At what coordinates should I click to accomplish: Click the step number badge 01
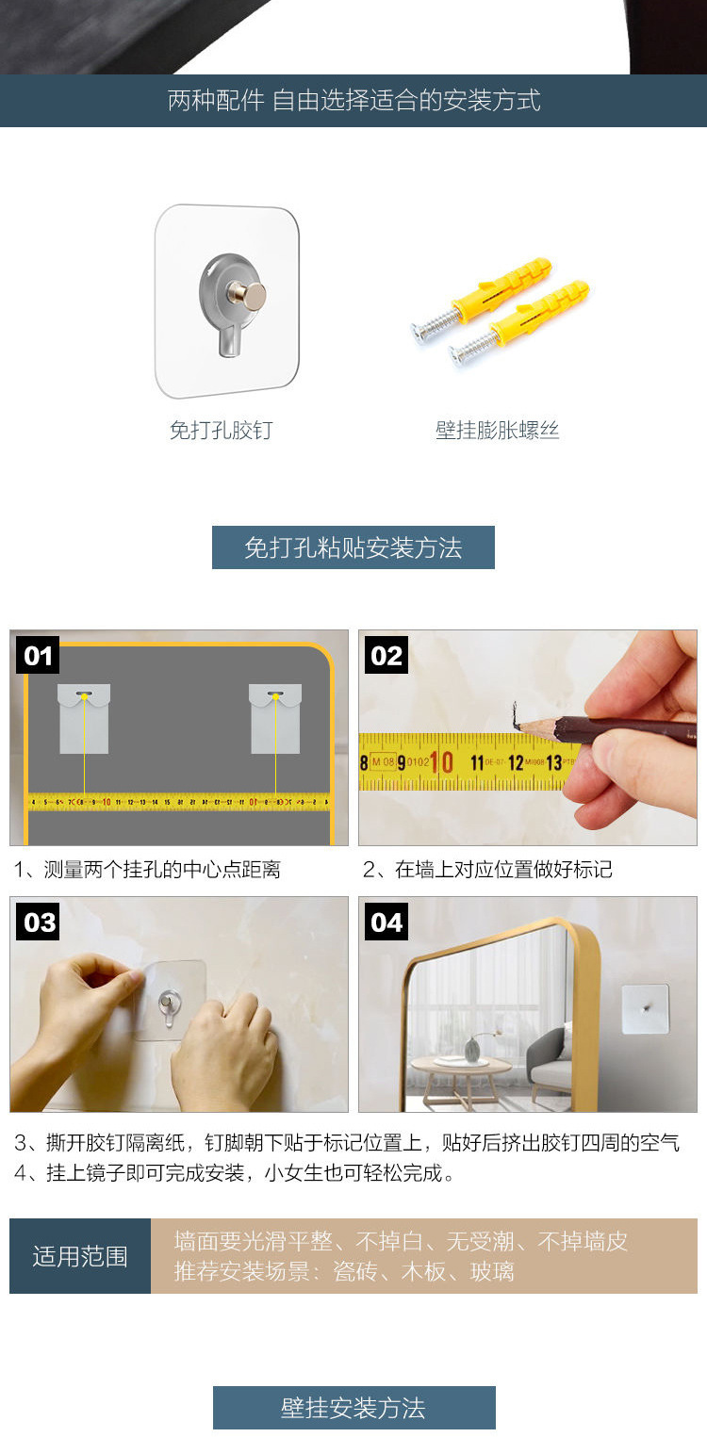point(38,655)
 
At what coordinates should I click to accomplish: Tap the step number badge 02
point(386,655)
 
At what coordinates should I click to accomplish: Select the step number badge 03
point(38,922)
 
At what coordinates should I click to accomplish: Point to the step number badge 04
point(386,922)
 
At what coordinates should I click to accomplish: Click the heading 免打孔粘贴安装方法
point(353,547)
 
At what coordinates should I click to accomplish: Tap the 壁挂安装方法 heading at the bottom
point(354,1408)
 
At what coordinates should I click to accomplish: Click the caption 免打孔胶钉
point(222,430)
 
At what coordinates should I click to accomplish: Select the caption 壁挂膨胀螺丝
point(497,430)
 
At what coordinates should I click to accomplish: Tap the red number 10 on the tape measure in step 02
point(441,762)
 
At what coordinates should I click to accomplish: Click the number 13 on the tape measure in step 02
point(554,762)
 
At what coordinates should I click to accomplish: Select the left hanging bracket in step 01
point(84,718)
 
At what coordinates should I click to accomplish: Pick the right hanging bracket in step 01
point(275,718)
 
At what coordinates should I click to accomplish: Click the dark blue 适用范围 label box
point(80,1256)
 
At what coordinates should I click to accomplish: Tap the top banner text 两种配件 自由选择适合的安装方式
point(354,101)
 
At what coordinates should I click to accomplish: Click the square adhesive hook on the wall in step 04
point(646,1009)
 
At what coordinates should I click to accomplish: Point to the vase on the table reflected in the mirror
point(471,1050)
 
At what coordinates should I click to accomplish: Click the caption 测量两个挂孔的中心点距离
point(162,870)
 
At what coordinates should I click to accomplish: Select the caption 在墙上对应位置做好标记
point(503,870)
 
